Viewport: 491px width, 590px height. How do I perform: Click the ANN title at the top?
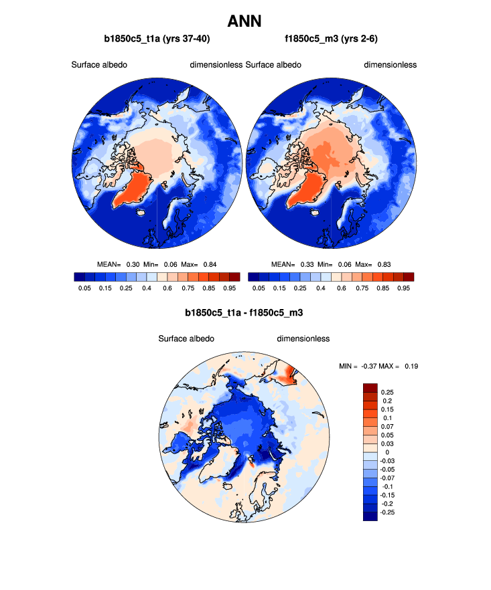coord(245,21)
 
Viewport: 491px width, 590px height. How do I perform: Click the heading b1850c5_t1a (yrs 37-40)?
coord(157,39)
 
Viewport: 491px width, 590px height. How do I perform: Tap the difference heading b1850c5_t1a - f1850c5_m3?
coord(244,312)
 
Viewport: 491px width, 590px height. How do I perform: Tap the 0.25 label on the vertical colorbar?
coord(387,393)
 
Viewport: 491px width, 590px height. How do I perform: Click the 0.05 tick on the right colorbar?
coord(258,288)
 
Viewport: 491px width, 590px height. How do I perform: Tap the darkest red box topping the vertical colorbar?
coord(370,388)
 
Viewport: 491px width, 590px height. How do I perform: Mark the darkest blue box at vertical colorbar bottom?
coord(370,516)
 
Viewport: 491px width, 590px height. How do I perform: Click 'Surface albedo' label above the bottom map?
coord(186,338)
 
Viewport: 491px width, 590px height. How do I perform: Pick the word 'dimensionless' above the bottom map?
coord(303,338)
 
